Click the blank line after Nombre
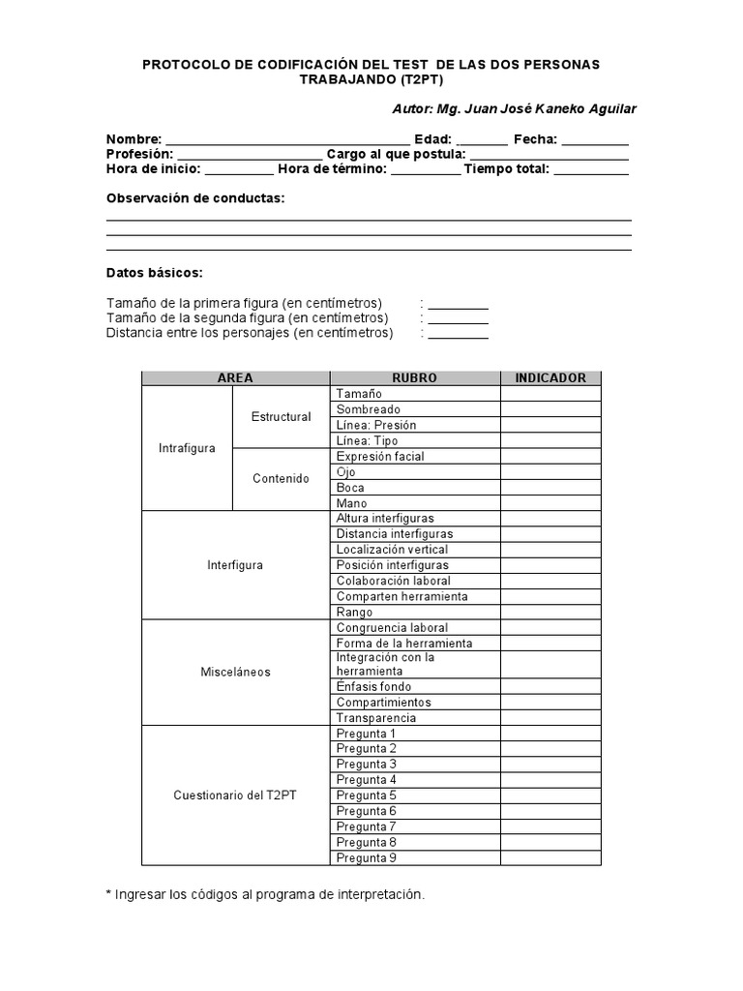point(287,141)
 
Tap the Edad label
point(432,139)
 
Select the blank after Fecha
point(595,141)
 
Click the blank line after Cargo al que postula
point(549,157)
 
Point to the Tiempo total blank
point(591,171)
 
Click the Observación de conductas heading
point(195,198)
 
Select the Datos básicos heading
point(155,273)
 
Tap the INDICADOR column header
point(550,378)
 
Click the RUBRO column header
point(414,378)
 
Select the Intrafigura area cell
point(187,448)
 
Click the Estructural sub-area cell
point(281,417)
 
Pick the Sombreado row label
point(368,409)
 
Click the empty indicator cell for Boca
point(550,488)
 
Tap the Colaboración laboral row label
point(393,581)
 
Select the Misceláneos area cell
point(235,672)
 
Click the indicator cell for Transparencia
point(550,718)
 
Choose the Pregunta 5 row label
point(366,796)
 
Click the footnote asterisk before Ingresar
point(109,895)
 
